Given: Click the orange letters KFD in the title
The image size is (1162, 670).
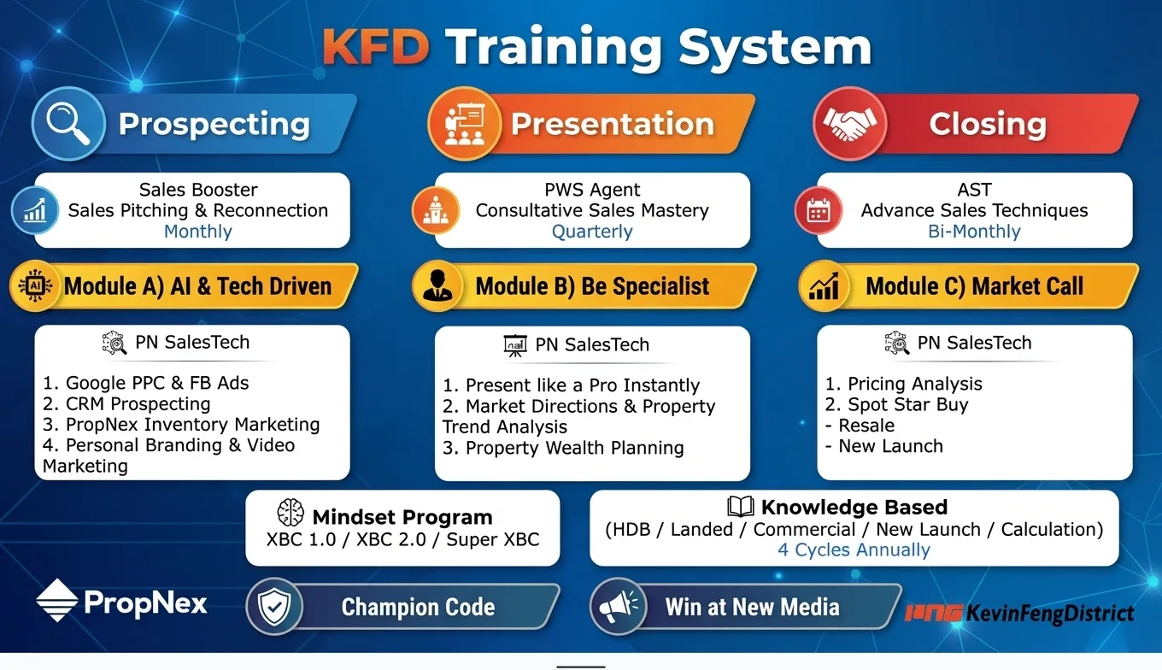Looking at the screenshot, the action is [376, 47].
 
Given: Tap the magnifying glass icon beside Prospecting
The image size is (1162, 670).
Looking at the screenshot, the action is [68, 124].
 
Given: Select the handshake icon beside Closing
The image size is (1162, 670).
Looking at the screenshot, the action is [849, 124].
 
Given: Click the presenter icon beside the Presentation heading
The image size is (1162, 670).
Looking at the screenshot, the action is [464, 124].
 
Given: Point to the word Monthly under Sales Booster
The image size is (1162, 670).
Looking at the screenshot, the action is [198, 232].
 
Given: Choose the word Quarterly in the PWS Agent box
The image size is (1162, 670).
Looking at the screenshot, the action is [592, 232].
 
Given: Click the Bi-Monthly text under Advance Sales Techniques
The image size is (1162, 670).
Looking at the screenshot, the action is [974, 232].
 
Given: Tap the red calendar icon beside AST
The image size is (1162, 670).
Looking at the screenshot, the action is [818, 211].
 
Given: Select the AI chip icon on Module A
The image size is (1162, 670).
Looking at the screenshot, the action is [35, 285].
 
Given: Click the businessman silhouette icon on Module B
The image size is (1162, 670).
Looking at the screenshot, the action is [437, 285].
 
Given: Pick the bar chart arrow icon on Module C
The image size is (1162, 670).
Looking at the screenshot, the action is [824, 286].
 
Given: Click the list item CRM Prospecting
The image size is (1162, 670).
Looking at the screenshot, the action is [126, 403].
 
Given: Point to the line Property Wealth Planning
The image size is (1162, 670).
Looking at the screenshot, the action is [563, 448].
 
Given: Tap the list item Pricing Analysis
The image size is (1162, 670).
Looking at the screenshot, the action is [904, 384].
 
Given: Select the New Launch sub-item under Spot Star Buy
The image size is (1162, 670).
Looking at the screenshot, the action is [884, 446].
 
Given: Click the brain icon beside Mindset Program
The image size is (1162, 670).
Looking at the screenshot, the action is [290, 513].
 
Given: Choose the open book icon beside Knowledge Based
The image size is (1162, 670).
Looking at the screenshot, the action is [740, 506].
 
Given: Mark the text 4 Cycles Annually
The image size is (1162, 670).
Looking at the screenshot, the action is [854, 550].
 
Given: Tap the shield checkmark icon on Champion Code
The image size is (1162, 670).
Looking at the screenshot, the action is [274, 606].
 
